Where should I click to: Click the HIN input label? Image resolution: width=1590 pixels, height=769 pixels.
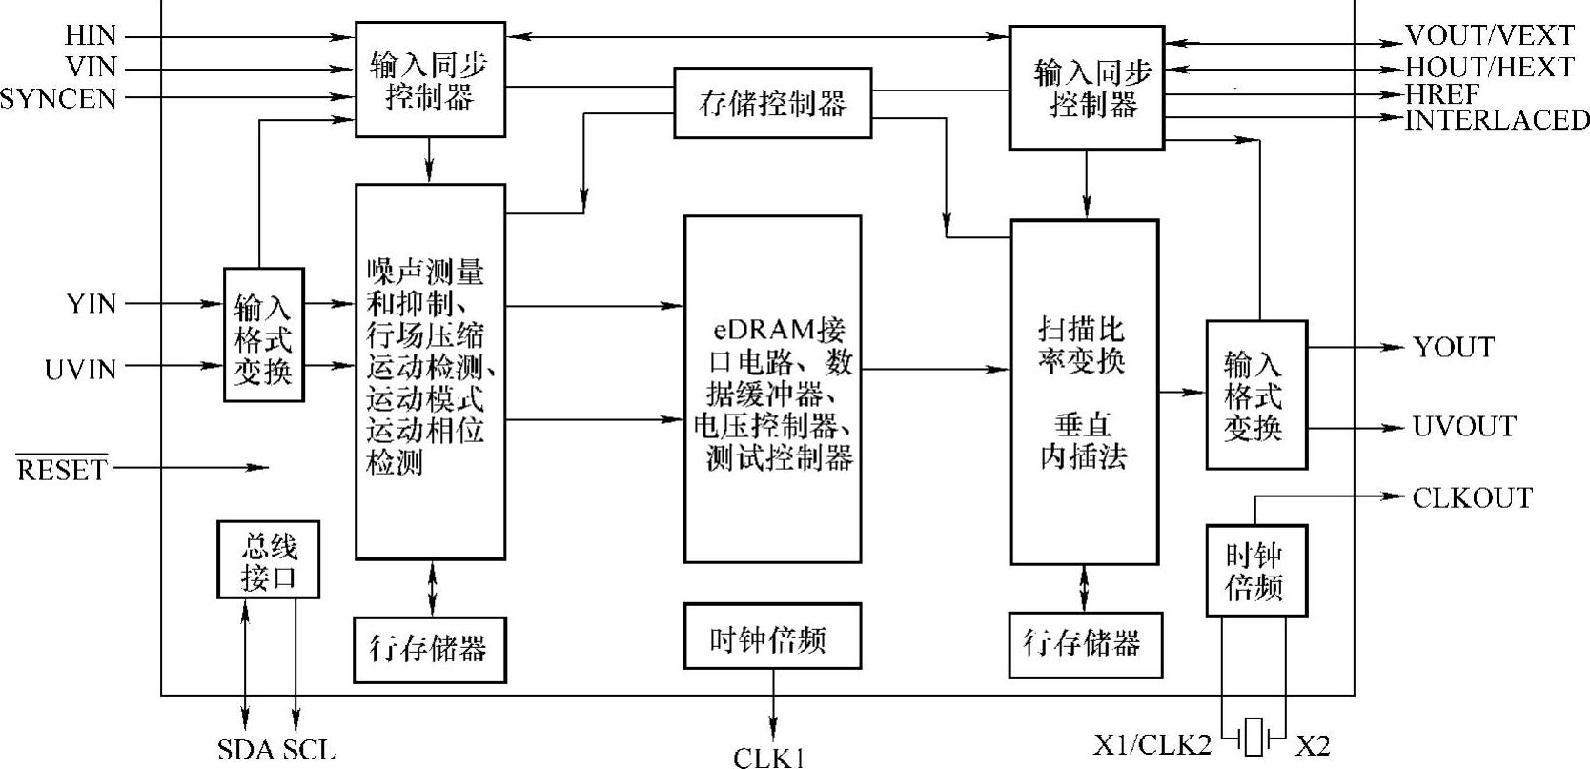[91, 36]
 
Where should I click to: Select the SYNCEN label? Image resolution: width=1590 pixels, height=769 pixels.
[58, 98]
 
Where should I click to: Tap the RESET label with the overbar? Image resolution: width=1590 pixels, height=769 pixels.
[62, 470]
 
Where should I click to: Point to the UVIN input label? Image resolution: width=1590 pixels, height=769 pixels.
[80, 369]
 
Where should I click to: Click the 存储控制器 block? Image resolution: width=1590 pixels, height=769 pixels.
[772, 103]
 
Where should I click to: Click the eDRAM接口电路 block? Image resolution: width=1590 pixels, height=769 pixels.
[772, 389]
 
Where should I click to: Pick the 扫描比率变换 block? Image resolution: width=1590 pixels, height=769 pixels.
[1084, 392]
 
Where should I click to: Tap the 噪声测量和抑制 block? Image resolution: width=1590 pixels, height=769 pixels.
[430, 371]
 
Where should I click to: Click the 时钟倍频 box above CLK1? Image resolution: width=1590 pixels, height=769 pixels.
[772, 636]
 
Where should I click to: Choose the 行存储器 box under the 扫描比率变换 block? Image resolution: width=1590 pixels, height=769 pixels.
[1085, 644]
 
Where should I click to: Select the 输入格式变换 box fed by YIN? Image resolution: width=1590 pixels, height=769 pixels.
[264, 336]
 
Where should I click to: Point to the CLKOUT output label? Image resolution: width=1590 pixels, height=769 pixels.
[1472, 498]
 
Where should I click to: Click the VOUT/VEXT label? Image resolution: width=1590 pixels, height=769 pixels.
[1490, 36]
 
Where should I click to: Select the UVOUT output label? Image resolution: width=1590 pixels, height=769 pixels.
[1464, 426]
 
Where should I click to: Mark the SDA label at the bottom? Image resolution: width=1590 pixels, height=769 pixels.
[246, 750]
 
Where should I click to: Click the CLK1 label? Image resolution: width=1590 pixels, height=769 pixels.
[770, 758]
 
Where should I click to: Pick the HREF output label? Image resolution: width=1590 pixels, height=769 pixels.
[1442, 94]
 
